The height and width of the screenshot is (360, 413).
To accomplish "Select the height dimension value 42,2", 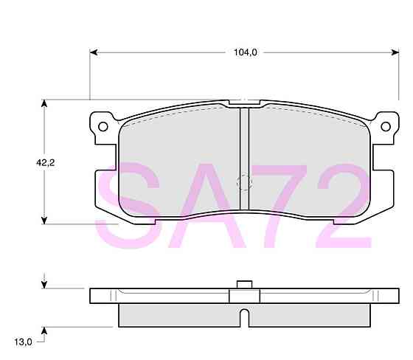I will click(x=25, y=164).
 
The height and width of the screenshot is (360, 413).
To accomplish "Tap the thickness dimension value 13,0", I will click(x=23, y=342).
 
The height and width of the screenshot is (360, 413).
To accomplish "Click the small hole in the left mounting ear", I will click(x=103, y=127).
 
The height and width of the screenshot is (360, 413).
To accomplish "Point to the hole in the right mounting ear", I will click(x=384, y=127).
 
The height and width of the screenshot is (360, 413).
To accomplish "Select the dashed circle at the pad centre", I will click(x=243, y=181).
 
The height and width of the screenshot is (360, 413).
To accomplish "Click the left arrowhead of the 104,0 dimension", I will click(x=94, y=52).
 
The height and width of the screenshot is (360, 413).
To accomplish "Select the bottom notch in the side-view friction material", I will click(x=245, y=319).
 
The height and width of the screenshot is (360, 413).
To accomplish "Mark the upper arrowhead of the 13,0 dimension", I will click(x=45, y=283).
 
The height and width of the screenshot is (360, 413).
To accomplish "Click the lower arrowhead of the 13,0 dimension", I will click(x=45, y=330).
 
